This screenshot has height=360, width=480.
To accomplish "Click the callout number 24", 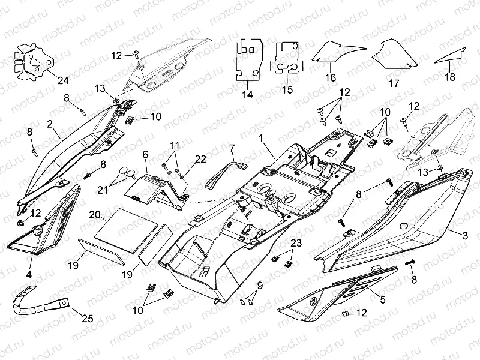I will (x=64, y=80).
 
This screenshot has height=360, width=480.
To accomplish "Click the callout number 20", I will (x=95, y=215).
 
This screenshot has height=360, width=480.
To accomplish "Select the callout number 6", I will (x=145, y=155).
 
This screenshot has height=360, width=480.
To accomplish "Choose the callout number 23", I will (x=295, y=243).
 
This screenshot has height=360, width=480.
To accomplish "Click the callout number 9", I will (x=260, y=284).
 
